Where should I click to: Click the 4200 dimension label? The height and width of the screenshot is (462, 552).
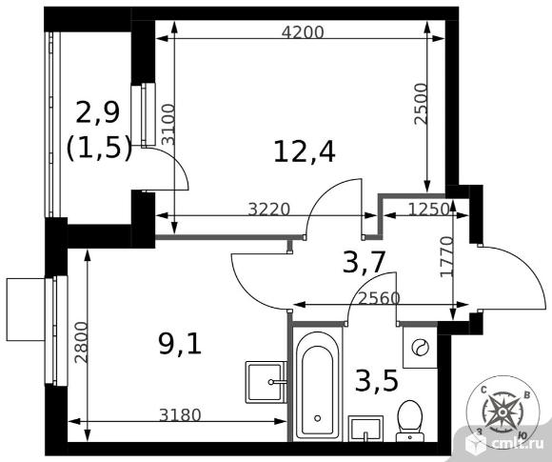[x=303, y=32]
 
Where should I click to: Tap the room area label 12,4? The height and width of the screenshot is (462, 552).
[x=305, y=151]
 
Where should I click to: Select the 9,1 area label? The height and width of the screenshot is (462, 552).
[x=180, y=344]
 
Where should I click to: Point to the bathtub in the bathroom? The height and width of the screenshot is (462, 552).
[x=318, y=385]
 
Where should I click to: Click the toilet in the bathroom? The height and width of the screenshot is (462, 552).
[x=410, y=421]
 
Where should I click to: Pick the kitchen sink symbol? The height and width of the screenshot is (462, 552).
[x=266, y=382]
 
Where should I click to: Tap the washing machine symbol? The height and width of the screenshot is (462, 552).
[x=420, y=348]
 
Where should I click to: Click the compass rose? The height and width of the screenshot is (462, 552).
[x=503, y=412]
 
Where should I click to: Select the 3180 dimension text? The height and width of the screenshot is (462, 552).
[x=180, y=415]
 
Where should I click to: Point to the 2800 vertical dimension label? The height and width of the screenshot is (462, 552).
[x=81, y=343]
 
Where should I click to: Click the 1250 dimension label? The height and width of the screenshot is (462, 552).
[x=429, y=209]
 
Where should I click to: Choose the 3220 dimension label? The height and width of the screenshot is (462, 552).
[x=269, y=210]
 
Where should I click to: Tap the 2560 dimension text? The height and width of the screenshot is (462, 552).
[x=380, y=298]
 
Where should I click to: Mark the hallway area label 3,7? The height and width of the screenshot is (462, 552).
[x=364, y=263]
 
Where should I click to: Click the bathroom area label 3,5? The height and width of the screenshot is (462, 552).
[x=377, y=382]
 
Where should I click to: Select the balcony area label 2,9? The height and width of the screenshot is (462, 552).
[x=97, y=112]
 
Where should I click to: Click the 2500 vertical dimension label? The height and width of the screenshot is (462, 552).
[x=421, y=104]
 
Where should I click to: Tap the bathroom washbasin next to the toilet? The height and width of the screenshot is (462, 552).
[x=365, y=429]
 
